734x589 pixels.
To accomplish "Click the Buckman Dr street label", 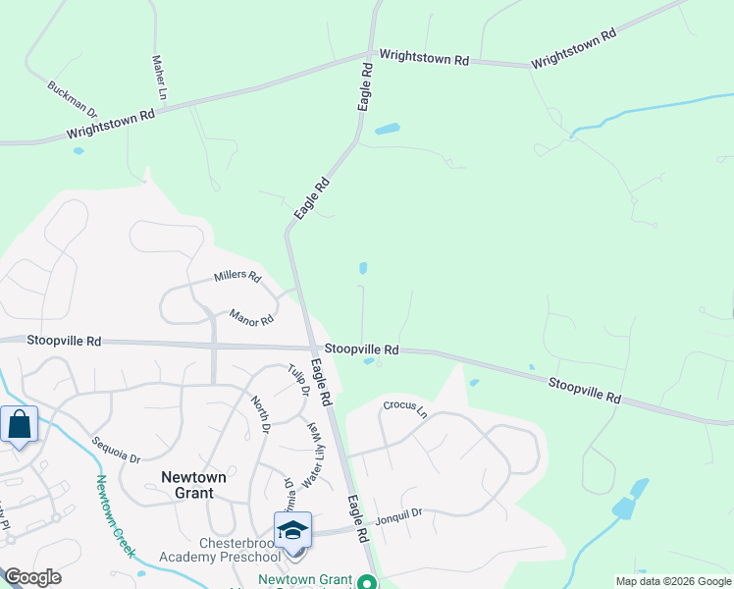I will click(x=73, y=100).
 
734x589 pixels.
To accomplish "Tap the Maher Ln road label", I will click(x=160, y=79).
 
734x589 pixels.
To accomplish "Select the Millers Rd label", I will click(x=237, y=278).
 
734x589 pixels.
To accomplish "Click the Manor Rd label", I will click(x=251, y=317).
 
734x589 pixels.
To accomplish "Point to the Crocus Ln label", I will click(x=406, y=405).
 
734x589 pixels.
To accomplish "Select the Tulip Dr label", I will click(x=299, y=380).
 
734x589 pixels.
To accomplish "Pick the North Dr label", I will click(x=260, y=413).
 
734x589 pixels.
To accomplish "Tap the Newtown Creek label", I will click(x=116, y=515).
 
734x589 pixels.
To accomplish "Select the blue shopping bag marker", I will click(x=20, y=425).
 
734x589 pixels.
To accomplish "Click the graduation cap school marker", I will click(x=292, y=531).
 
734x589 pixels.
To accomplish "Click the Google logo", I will click(x=31, y=577).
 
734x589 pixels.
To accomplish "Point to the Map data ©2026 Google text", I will click(x=673, y=581).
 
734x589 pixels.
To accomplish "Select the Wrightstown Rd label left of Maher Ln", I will click(x=111, y=123).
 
